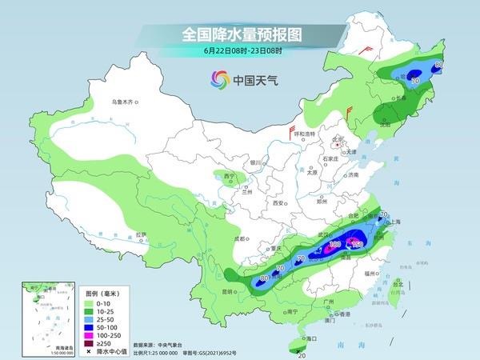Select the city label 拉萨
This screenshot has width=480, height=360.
pos(142,234)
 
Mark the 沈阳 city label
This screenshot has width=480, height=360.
pos(390,124)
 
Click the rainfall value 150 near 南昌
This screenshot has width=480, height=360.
pos(358,244)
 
